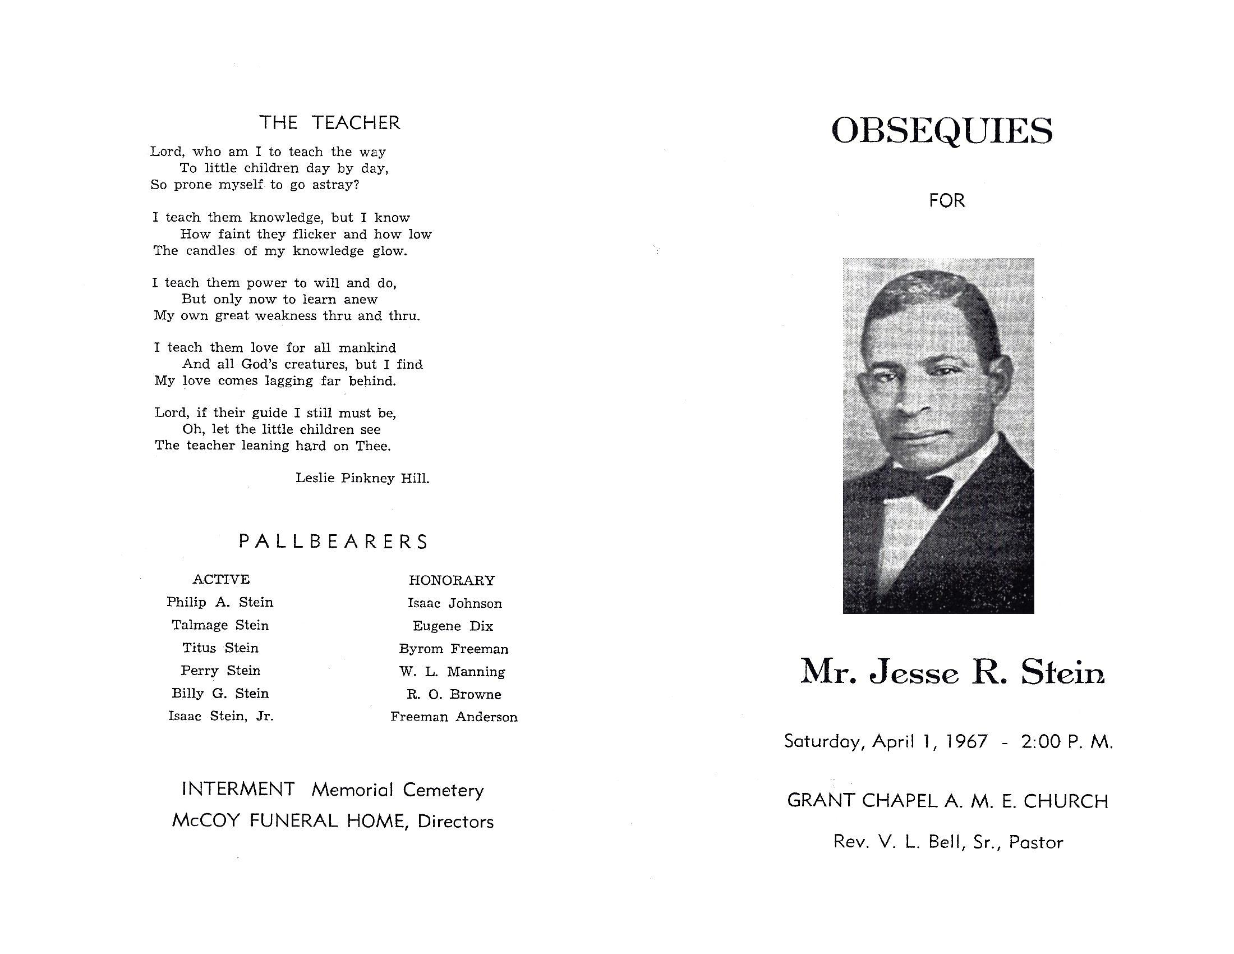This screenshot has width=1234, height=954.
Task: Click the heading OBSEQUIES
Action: tap(942, 131)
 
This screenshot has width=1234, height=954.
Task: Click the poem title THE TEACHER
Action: tap(329, 123)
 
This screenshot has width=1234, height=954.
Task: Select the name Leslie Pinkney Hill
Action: tap(362, 478)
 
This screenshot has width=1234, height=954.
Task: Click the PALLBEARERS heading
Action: tap(333, 542)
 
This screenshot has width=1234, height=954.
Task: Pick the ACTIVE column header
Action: tap(221, 579)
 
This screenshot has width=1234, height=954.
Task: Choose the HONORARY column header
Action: tap(452, 580)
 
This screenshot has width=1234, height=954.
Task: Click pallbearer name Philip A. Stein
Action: tap(220, 603)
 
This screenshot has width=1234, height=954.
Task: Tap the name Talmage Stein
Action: tap(220, 625)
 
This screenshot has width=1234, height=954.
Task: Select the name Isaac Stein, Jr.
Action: tap(220, 716)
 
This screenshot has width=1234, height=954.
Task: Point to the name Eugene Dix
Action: tap(453, 626)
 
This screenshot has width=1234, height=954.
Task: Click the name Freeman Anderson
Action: tap(454, 717)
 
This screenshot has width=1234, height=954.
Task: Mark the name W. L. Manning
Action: tap(452, 671)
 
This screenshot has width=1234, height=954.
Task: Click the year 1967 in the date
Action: tap(968, 741)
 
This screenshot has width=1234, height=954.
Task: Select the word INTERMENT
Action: tap(238, 789)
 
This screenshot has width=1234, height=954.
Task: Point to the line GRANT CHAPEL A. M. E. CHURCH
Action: tap(947, 801)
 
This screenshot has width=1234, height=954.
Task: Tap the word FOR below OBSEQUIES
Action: tap(947, 201)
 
